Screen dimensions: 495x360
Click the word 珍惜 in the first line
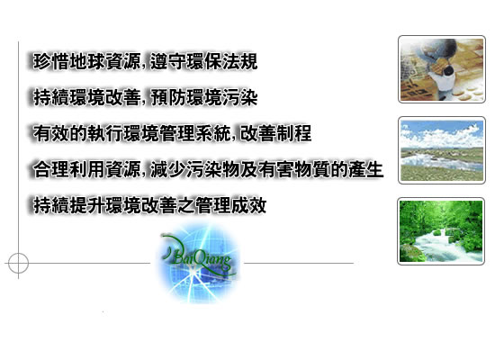click(51, 61)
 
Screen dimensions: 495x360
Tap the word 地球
click(87, 61)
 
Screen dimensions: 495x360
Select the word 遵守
click(168, 61)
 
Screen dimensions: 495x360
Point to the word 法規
click(240, 61)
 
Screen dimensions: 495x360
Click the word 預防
click(168, 97)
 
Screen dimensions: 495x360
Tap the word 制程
click(294, 133)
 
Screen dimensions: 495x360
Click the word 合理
click(51, 169)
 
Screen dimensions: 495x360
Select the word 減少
click(168, 169)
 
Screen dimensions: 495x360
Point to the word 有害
click(276, 169)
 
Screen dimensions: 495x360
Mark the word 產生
click(366, 169)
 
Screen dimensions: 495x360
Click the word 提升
click(87, 205)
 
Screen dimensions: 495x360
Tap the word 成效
click(249, 205)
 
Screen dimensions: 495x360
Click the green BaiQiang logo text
click(199, 256)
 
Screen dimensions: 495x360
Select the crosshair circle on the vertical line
click(18, 253)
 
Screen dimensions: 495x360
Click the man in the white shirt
click(445, 79)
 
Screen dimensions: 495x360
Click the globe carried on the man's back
click(438, 52)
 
